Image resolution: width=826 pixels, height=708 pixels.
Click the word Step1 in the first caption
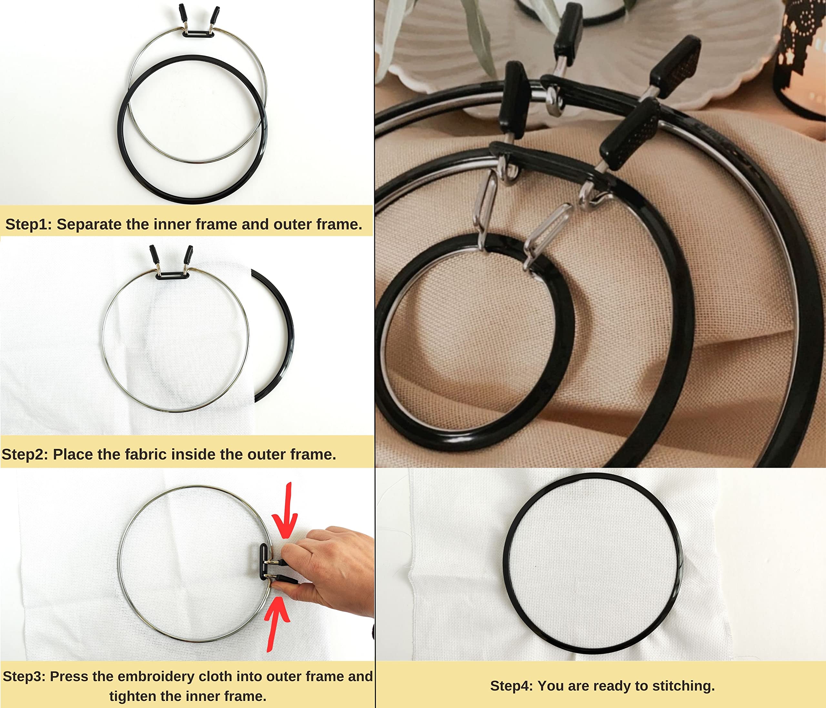[x=27, y=225]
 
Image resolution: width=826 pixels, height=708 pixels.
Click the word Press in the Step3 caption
[x=67, y=676]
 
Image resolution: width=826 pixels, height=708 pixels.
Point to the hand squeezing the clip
[x=331, y=566]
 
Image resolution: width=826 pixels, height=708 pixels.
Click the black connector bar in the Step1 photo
[x=198, y=34]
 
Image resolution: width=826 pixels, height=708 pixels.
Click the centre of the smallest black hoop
[x=474, y=343]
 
